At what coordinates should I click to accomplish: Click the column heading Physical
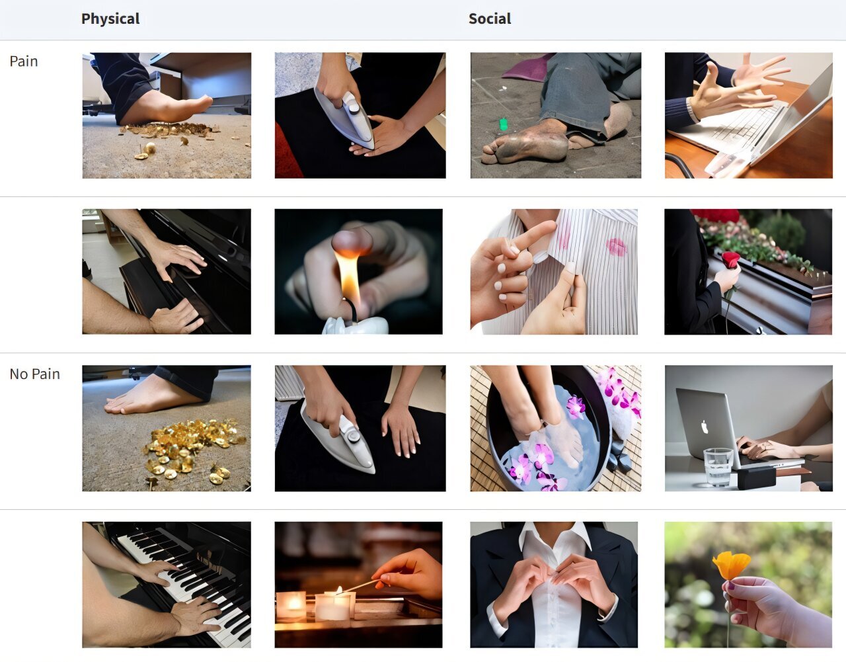point(110,19)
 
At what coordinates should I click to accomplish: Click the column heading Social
point(490,19)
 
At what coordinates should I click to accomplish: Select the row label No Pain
point(34,374)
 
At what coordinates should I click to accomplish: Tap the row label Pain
point(24,61)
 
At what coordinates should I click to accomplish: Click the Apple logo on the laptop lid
point(705,427)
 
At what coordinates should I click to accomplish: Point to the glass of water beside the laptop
point(718,466)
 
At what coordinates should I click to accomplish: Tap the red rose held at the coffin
point(731,260)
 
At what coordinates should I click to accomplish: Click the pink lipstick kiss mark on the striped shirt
point(616,247)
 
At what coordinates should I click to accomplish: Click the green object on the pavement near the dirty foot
point(503,124)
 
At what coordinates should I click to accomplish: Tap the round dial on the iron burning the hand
point(354,108)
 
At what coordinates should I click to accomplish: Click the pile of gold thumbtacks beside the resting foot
point(191,450)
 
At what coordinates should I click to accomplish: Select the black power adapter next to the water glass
point(756,477)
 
